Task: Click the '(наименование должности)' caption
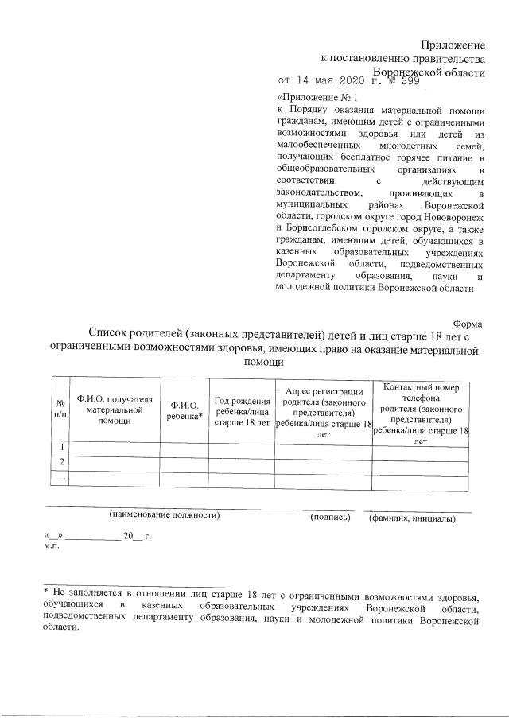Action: coord(165,515)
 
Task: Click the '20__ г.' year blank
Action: coord(137,536)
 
